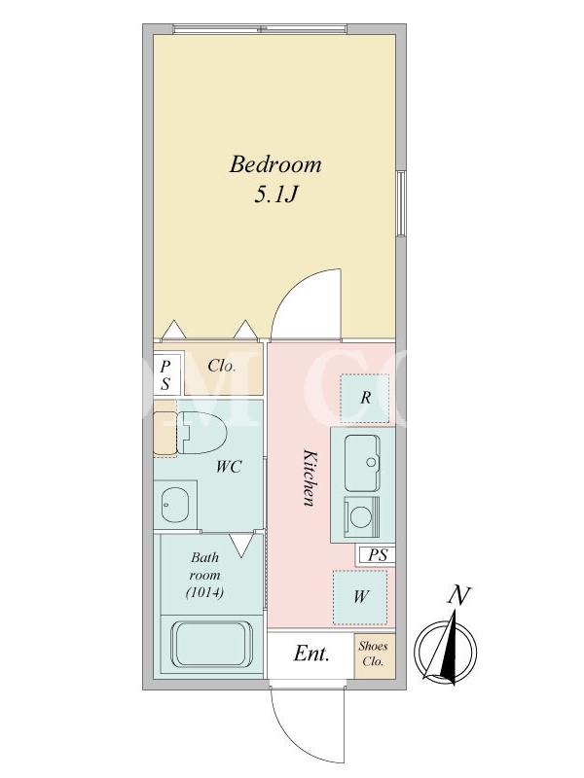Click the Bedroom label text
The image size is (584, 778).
pos(275,164)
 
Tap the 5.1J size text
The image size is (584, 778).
pos(275,194)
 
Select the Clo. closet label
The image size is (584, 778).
pos(222,367)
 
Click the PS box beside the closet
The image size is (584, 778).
pos(165,374)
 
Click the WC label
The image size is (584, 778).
pos(229,467)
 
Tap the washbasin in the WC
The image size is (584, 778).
pos(175,504)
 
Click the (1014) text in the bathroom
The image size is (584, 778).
pos(204,592)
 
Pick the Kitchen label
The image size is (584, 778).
pos(310,477)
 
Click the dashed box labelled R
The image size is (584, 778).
pos(365,398)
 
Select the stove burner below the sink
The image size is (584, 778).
pos(362,517)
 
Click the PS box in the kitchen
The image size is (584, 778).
pos(377,554)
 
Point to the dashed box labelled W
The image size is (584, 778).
pos(360,597)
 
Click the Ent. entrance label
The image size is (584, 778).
pos(311,654)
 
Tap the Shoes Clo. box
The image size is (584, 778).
pos(375,654)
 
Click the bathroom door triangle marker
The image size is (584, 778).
pos(242,546)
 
